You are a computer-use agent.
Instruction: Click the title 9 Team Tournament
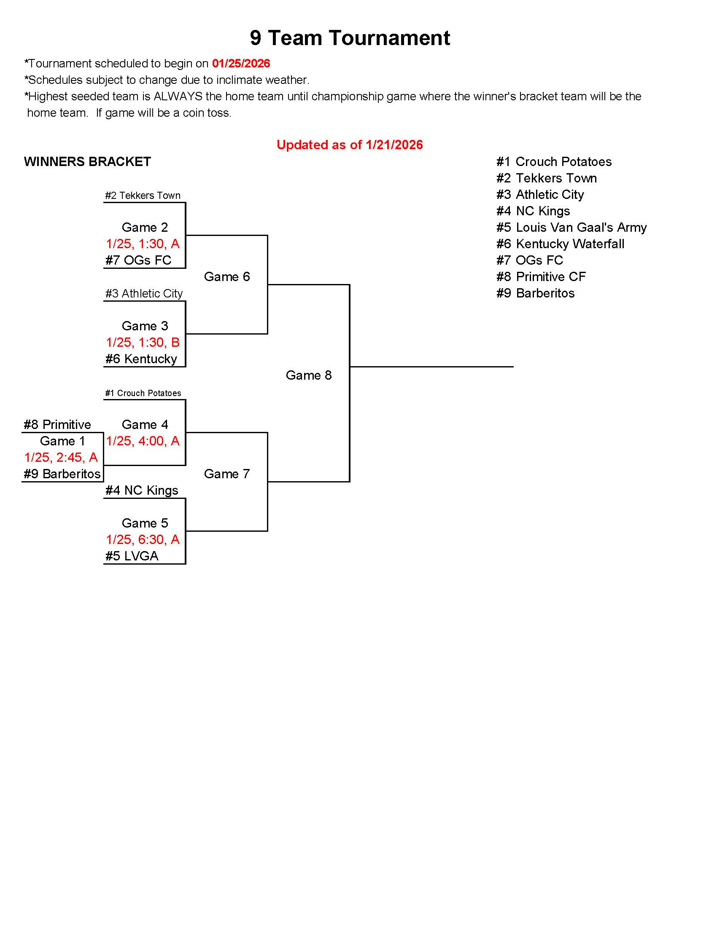(350, 38)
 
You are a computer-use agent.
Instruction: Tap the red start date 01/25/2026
(241, 64)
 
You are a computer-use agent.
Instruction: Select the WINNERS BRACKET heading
(87, 162)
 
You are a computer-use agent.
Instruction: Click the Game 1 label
(62, 441)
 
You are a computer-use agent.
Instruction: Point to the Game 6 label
(227, 277)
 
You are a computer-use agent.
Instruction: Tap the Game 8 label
(309, 375)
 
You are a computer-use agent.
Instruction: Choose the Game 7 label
(227, 474)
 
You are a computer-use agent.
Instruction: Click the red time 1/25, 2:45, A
(61, 457)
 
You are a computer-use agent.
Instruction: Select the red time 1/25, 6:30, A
(143, 539)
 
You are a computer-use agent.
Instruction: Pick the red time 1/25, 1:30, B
(143, 342)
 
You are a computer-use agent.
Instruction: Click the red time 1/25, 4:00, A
(143, 441)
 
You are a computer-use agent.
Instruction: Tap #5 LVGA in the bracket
(132, 556)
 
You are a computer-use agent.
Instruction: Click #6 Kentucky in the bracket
(141, 359)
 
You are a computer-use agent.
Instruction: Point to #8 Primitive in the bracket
(57, 424)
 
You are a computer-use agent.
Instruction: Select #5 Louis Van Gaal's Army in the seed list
(571, 228)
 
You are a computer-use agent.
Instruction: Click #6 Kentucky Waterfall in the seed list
(560, 244)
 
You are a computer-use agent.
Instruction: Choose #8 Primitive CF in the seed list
(541, 277)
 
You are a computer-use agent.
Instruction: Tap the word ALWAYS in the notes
(178, 96)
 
